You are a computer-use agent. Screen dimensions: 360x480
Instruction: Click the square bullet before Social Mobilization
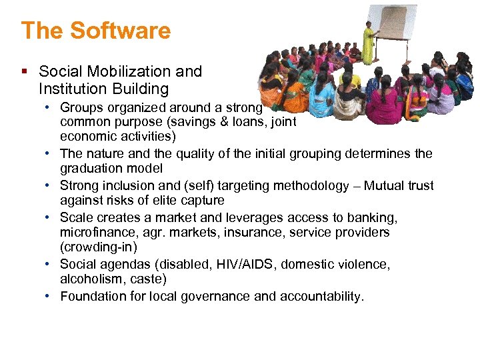[x=25, y=71]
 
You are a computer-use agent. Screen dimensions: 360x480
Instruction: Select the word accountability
[x=321, y=296]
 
